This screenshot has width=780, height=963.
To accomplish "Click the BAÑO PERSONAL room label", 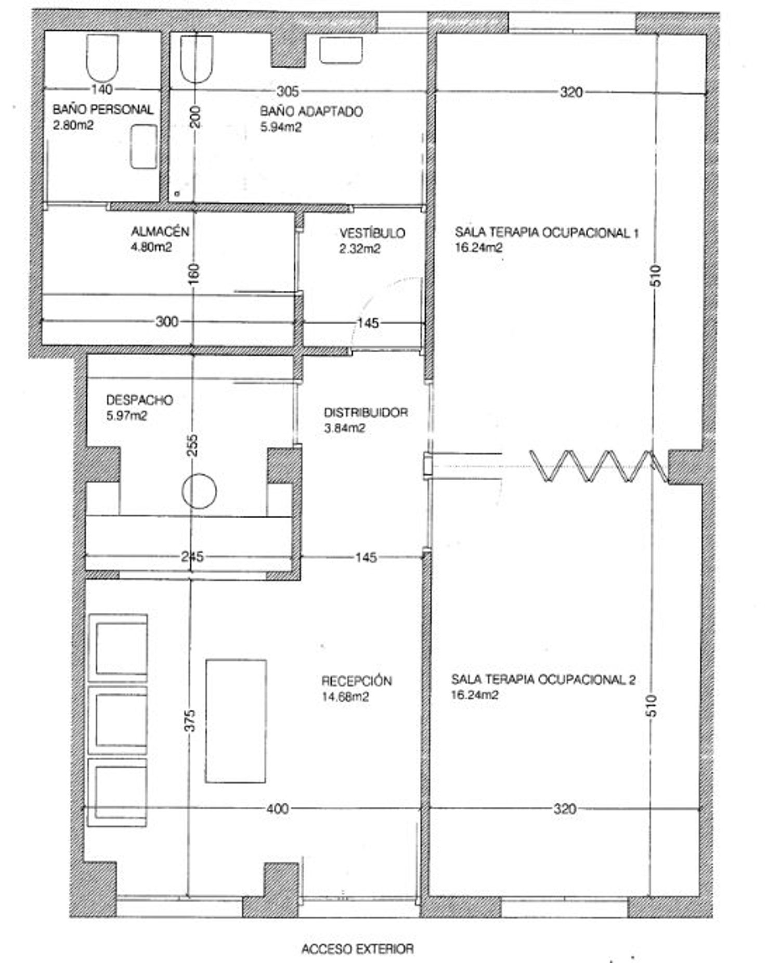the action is pyautogui.click(x=103, y=110).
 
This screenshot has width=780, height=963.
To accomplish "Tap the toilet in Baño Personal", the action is pyautogui.click(x=101, y=58).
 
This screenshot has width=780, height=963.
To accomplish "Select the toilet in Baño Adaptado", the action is pyautogui.click(x=197, y=59).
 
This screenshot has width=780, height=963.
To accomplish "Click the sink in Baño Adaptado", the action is pyautogui.click(x=341, y=50).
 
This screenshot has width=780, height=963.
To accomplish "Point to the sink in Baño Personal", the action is pyautogui.click(x=144, y=147).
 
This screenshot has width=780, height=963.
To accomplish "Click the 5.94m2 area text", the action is pyautogui.click(x=281, y=127).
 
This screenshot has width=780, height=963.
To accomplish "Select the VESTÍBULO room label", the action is pyautogui.click(x=372, y=233).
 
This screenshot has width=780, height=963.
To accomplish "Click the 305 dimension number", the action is pyautogui.click(x=288, y=92).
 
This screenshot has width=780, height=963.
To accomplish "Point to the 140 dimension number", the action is pyautogui.click(x=102, y=89).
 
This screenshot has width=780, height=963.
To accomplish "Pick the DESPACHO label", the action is pyautogui.click(x=139, y=400).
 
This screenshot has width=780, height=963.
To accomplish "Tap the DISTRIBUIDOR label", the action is pyautogui.click(x=366, y=413).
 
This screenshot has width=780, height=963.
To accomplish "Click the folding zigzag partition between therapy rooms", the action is pyautogui.click(x=598, y=466).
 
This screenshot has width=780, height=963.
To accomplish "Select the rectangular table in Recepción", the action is pyautogui.click(x=236, y=721).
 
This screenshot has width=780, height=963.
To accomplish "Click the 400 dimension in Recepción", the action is pyautogui.click(x=277, y=808).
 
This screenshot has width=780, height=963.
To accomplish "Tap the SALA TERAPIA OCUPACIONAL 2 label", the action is pyautogui.click(x=543, y=679).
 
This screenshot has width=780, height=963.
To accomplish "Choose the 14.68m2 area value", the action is pyautogui.click(x=345, y=697).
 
